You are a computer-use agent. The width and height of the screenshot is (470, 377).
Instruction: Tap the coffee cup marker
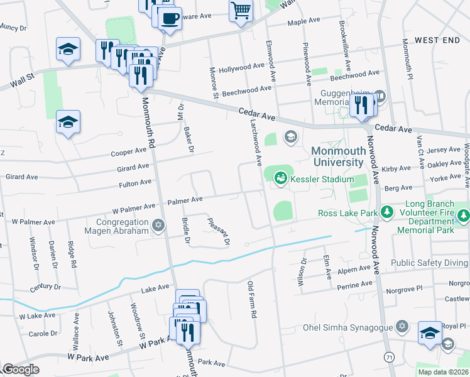click(x=168, y=19)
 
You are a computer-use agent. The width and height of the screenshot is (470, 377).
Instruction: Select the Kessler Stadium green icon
click(x=280, y=180)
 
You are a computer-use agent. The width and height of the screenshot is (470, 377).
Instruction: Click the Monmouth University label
click(x=337, y=157)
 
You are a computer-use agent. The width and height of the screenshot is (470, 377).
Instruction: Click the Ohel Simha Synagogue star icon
click(x=402, y=327)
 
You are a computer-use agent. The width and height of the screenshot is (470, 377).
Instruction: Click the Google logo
click(x=20, y=369)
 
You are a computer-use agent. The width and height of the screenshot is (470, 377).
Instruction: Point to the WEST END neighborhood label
click(x=437, y=40)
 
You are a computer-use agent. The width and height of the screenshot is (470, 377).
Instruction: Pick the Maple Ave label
click(x=305, y=22)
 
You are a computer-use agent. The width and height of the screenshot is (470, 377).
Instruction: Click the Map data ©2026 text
click(x=443, y=372)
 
